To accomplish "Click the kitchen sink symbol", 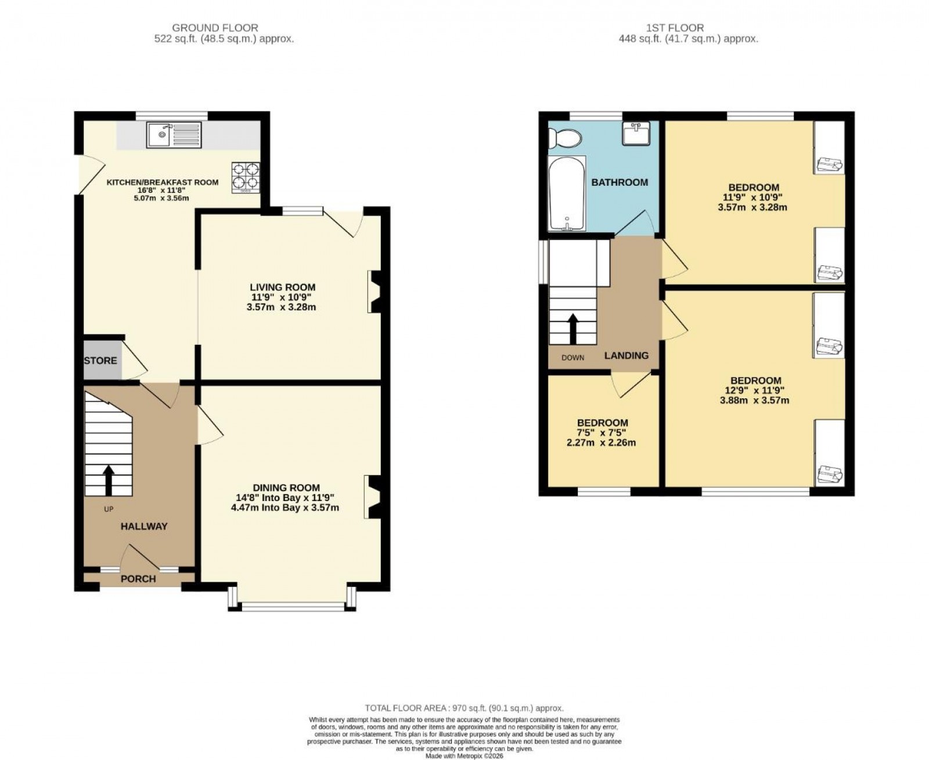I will pyautogui.click(x=174, y=135).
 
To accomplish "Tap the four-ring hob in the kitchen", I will pyautogui.click(x=246, y=177).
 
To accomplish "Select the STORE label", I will pyautogui.click(x=100, y=361).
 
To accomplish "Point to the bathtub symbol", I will pyautogui.click(x=567, y=193).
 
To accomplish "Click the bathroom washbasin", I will pyautogui.click(x=636, y=133).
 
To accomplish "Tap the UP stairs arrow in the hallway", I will pyautogui.click(x=108, y=478).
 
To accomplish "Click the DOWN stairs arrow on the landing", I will pyautogui.click(x=573, y=329).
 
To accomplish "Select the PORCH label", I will pyautogui.click(x=138, y=578).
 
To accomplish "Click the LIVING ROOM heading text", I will pyautogui.click(x=283, y=287).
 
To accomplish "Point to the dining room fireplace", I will pyautogui.click(x=372, y=496).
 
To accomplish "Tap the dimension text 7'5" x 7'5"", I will pyautogui.click(x=602, y=433).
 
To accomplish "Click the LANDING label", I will pyautogui.click(x=626, y=355).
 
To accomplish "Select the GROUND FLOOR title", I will pyautogui.click(x=215, y=28).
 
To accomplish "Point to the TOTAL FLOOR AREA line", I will pyautogui.click(x=464, y=708).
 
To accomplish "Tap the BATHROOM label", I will pyautogui.click(x=620, y=182).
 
